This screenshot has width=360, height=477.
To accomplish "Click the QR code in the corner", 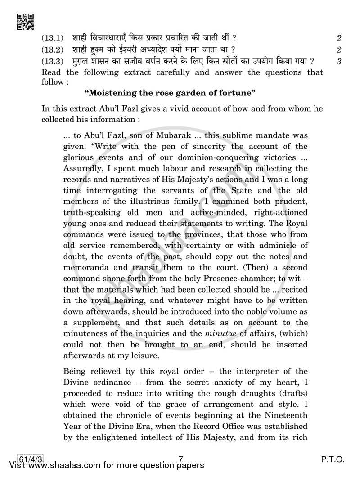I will click(x=25, y=21).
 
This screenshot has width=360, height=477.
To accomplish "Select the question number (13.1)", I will click(x=53, y=38).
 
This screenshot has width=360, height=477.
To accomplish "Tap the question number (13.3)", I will click(x=53, y=61).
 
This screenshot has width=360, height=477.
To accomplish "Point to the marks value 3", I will click(x=338, y=62).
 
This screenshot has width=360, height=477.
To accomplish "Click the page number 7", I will click(x=180, y=459).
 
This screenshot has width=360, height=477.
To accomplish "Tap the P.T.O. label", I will click(x=332, y=459).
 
